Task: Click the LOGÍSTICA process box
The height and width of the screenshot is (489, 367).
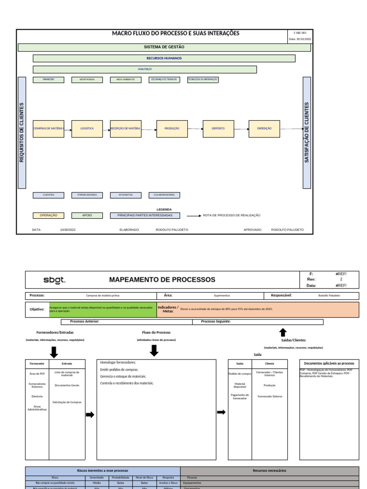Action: point(87,129)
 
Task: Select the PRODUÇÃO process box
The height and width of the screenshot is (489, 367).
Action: point(172,129)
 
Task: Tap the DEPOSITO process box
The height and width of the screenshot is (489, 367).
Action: point(218,129)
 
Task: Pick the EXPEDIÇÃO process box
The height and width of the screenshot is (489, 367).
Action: point(264,129)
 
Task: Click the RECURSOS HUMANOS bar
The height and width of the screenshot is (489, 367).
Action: point(164,58)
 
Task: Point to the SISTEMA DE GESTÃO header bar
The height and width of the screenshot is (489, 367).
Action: point(164,47)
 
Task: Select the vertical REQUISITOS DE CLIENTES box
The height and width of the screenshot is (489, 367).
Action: point(22,132)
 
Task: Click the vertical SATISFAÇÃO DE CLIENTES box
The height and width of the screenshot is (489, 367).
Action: point(307,132)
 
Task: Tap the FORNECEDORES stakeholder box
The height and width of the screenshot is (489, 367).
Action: point(87,195)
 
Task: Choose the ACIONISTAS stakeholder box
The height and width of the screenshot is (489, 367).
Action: point(125,195)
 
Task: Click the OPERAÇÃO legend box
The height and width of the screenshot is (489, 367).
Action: point(48,215)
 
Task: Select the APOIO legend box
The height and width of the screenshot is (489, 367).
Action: point(87,215)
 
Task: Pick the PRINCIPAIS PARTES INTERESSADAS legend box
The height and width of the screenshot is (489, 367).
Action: point(145,215)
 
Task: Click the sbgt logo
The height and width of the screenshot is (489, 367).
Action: point(54,280)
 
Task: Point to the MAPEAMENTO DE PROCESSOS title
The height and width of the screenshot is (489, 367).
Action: point(162,280)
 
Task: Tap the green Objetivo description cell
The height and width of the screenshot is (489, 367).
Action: point(102,309)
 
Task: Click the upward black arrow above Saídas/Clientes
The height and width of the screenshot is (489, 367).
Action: point(282,332)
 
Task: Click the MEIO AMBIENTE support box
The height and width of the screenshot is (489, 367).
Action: point(125,80)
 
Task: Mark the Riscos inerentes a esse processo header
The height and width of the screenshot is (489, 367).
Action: point(103,470)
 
